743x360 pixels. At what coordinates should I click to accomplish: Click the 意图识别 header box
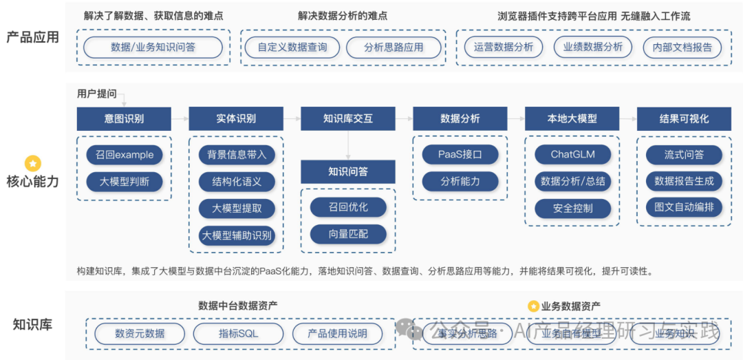124,119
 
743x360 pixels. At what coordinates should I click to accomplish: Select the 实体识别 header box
236,119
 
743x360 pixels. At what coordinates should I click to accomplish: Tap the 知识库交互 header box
348,119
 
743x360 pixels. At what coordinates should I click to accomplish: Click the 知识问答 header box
348,171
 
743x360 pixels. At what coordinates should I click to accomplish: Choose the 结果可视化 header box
684,119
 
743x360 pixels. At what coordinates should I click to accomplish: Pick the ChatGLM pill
572,155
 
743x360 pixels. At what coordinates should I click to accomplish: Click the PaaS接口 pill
460,155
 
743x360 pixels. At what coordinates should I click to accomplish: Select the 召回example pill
125,155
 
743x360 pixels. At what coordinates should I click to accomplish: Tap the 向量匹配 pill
348,234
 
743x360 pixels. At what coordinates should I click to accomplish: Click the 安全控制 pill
572,208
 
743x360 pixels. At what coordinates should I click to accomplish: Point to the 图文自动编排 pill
684,208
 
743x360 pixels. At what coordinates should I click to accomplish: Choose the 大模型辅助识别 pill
236,235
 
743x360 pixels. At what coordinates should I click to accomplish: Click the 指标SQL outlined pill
239,334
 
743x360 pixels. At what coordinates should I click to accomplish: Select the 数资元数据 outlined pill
140,334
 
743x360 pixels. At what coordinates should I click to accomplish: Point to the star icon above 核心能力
33,164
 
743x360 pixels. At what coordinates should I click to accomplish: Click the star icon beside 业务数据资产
532,306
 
